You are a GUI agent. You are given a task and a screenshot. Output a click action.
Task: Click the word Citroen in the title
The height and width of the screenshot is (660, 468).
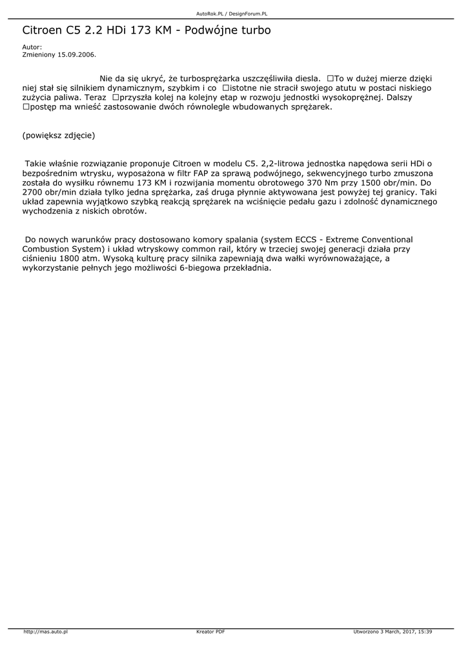coord(42,30)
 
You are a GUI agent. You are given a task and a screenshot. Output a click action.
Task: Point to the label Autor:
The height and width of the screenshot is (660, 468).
coord(32,47)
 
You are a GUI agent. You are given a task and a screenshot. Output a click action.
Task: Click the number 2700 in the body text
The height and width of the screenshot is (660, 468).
coord(33,192)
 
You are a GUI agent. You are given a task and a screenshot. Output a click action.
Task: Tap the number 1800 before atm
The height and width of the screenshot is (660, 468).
coord(70,258)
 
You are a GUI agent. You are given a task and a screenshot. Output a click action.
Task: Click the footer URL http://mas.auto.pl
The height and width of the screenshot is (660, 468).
coord(46,632)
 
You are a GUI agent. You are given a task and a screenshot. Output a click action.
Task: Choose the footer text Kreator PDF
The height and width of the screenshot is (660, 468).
coord(210,632)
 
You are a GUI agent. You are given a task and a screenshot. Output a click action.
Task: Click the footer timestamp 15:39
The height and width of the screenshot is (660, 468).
coord(425,632)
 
